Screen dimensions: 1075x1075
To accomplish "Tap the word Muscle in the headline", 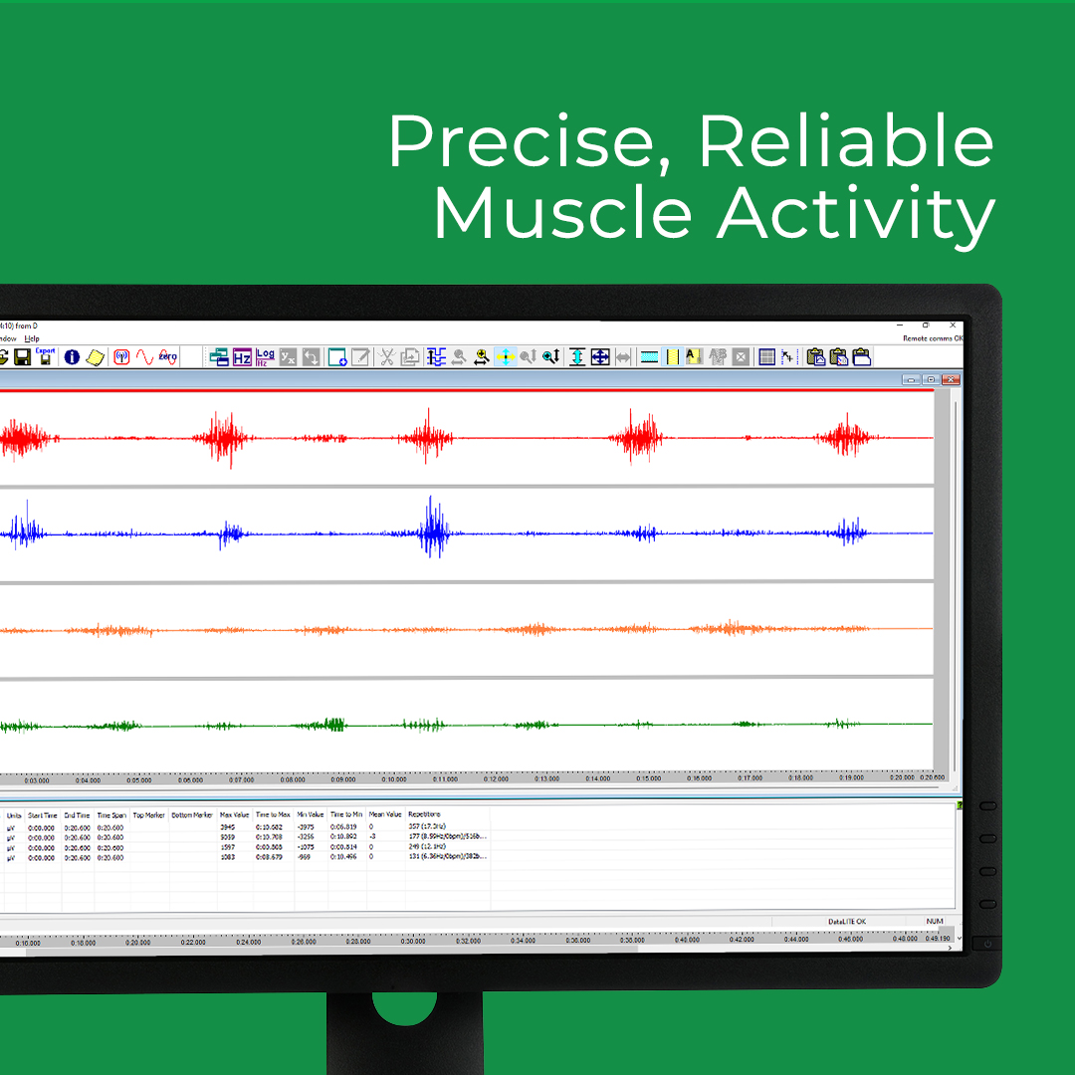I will tap(562, 214).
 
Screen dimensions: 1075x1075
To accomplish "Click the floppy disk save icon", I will tap(22, 356).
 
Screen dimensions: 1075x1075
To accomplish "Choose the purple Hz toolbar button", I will tap(242, 357).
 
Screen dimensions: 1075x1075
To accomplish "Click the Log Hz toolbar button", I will tap(265, 357).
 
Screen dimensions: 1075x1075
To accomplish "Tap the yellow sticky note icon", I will tap(96, 357).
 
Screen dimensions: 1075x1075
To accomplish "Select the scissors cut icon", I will tap(386, 357).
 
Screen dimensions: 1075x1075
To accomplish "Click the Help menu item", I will tap(32, 338).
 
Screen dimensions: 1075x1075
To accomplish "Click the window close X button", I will tap(953, 325).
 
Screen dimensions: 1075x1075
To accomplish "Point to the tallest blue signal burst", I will tap(433, 528).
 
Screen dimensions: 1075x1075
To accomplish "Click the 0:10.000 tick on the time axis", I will tap(395, 779).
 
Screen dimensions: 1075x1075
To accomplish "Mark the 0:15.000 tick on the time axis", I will tap(649, 779).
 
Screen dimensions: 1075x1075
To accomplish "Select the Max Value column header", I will tap(234, 815).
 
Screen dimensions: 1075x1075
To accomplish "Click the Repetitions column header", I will tap(424, 815).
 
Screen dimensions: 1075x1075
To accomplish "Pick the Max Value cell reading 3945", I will tap(229, 827).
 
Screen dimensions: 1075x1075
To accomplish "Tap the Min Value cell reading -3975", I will tap(307, 827).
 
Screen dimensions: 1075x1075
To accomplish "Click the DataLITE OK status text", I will tap(846, 922).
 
